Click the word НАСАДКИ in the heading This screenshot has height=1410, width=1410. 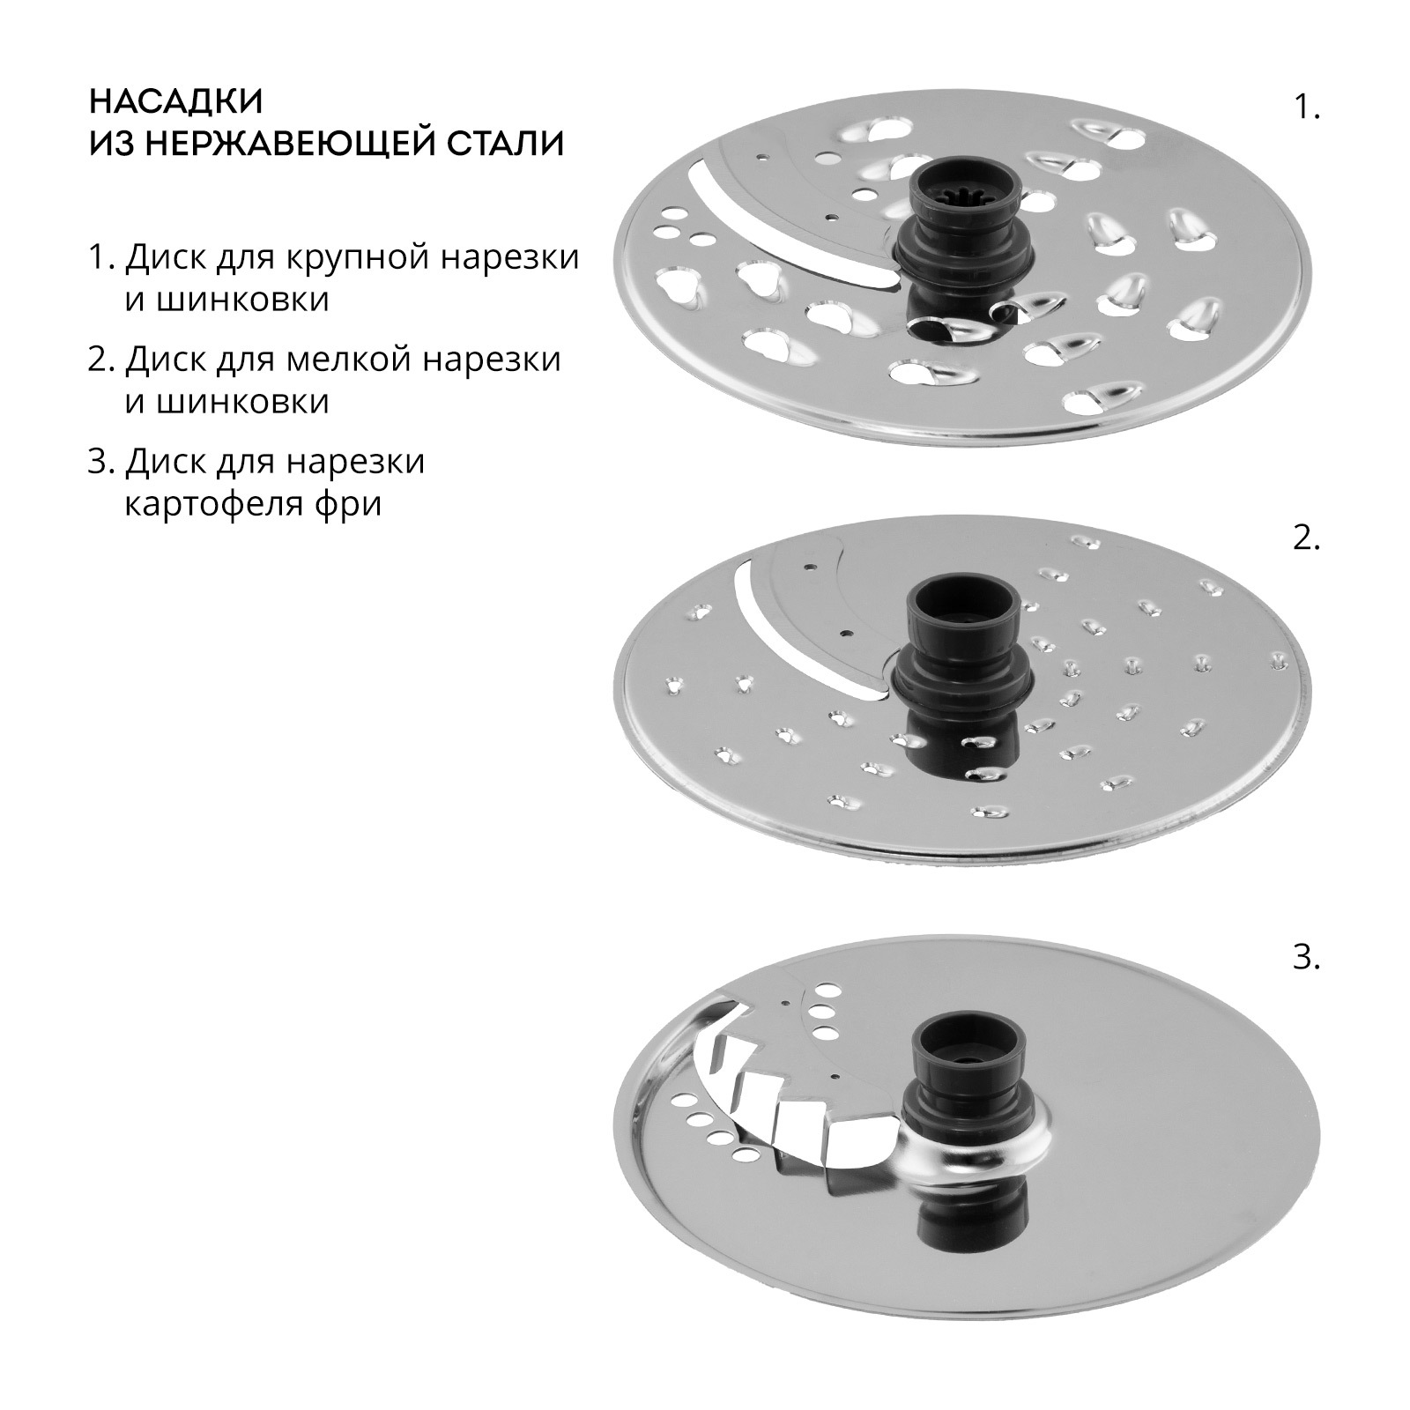pyautogui.click(x=176, y=100)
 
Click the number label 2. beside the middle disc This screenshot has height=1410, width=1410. pyautogui.click(x=1306, y=538)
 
